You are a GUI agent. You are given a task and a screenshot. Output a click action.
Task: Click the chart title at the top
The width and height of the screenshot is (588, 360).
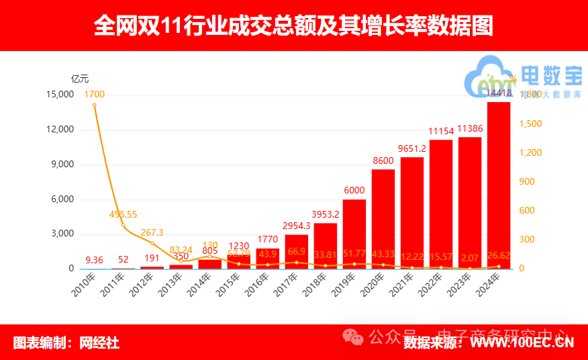click(293, 26)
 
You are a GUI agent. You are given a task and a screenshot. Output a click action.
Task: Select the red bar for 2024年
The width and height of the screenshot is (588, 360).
click(498, 185)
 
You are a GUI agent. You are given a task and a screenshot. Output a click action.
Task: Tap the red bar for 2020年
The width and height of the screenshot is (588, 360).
click(383, 219)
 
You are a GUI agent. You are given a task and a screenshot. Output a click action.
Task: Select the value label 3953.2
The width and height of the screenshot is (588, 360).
click(326, 214)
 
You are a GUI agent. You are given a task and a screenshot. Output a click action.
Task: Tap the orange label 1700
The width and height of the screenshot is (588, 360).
click(95, 94)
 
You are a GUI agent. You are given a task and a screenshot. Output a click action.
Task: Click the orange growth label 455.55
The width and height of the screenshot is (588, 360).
click(123, 214)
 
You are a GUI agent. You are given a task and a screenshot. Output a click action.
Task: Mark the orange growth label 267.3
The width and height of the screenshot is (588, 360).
click(152, 232)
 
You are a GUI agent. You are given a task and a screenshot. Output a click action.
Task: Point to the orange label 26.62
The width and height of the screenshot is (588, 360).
click(498, 255)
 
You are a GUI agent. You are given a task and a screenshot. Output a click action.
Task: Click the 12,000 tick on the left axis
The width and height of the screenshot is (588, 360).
click(59, 130)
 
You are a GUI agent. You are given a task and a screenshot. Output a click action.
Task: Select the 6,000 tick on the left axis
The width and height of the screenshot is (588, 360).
click(62, 199)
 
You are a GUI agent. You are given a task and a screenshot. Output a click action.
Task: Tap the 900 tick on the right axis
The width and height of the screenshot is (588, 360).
click(530, 181)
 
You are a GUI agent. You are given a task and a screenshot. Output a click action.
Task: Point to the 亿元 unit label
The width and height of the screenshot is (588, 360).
click(80, 79)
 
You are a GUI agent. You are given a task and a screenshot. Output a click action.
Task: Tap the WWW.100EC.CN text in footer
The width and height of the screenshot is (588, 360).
click(522, 343)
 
